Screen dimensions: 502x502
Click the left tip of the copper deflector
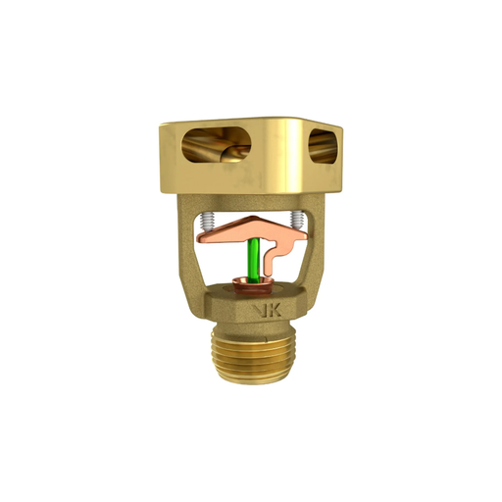[x=198, y=234]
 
